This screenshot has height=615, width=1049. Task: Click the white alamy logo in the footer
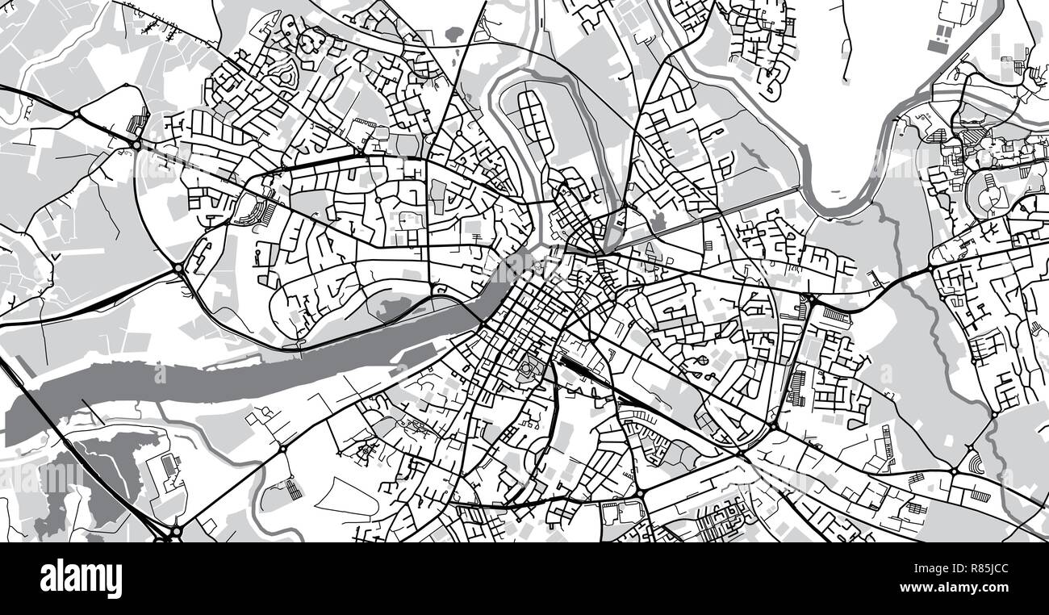pyautogui.click(x=81, y=579)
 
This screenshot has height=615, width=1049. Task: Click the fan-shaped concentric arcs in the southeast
pyautogui.click(x=976, y=465)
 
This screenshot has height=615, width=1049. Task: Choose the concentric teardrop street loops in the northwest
pyautogui.click(x=311, y=44)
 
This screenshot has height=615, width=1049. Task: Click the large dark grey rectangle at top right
pyautogui.click(x=938, y=46)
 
